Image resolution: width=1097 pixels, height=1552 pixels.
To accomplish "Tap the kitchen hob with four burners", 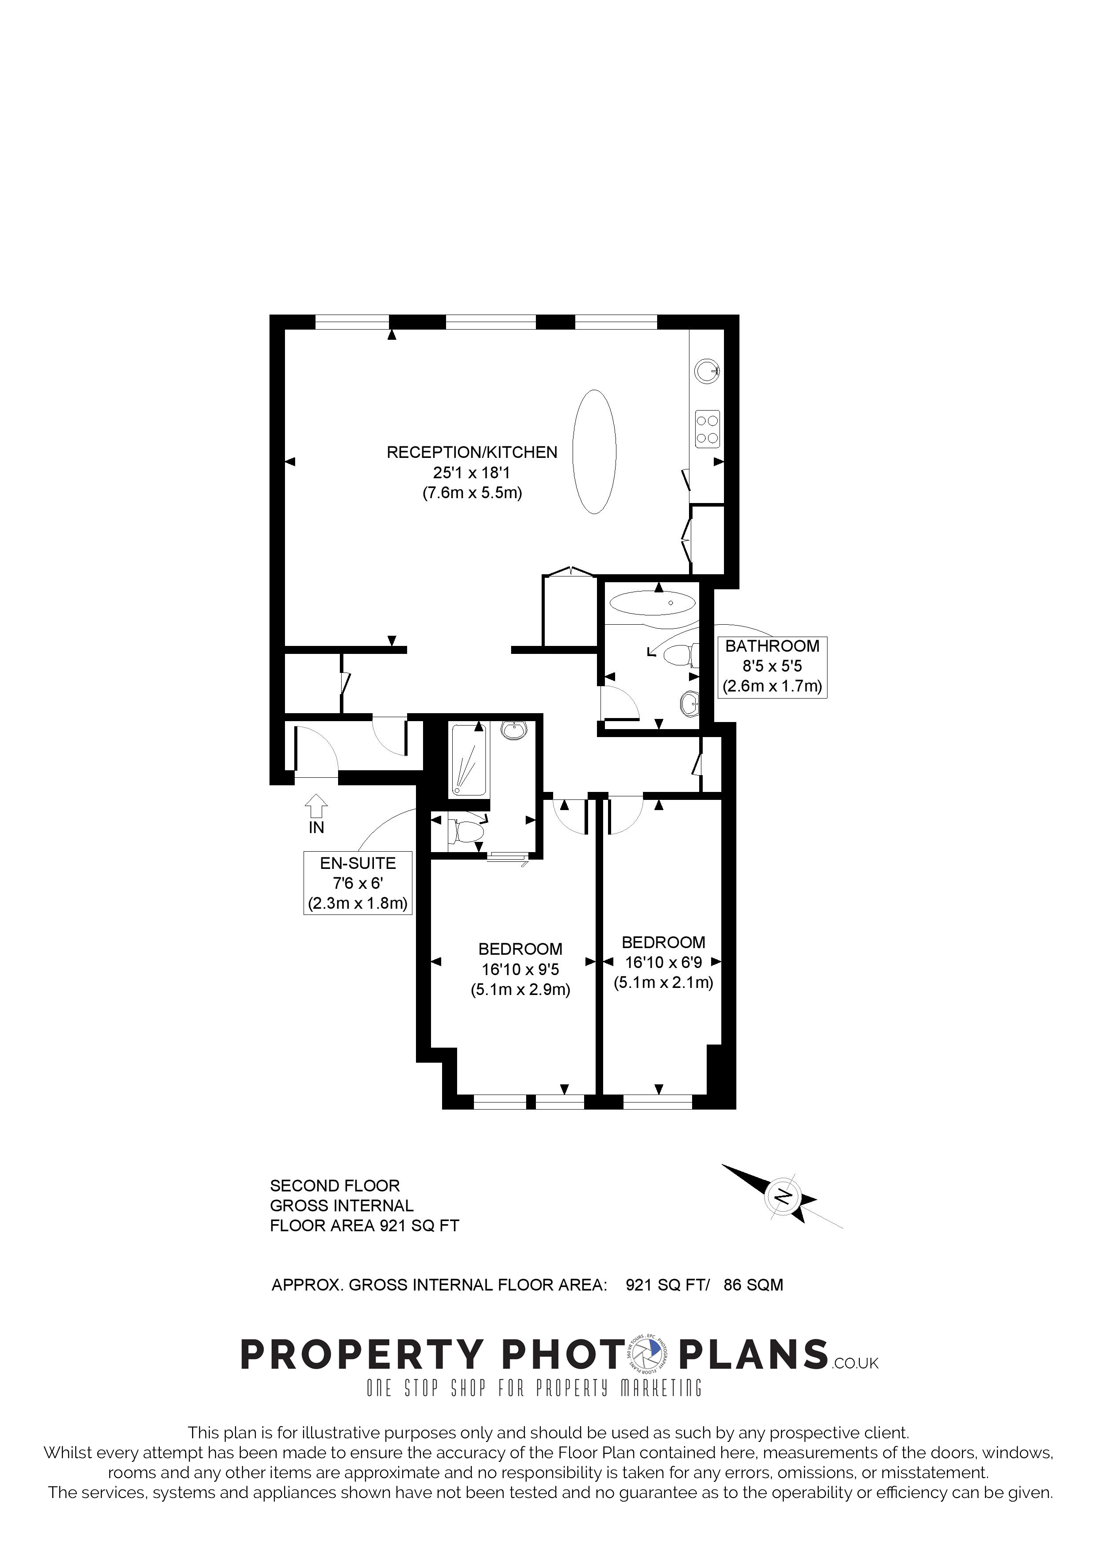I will [707, 429].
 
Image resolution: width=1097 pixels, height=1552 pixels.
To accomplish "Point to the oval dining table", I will [594, 452].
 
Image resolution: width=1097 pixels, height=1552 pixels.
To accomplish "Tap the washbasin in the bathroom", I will [689, 703].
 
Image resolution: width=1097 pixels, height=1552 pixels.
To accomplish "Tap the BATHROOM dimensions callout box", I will [772, 666].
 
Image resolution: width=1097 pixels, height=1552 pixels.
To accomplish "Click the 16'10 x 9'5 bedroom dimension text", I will [520, 969].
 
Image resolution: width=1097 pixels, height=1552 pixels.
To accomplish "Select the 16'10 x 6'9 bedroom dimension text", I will [663, 963].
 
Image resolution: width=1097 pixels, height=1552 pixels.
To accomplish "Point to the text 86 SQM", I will [753, 1285].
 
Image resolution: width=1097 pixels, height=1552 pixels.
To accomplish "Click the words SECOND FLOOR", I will [335, 1186].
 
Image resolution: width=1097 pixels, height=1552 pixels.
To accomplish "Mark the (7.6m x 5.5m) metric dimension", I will [472, 493].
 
